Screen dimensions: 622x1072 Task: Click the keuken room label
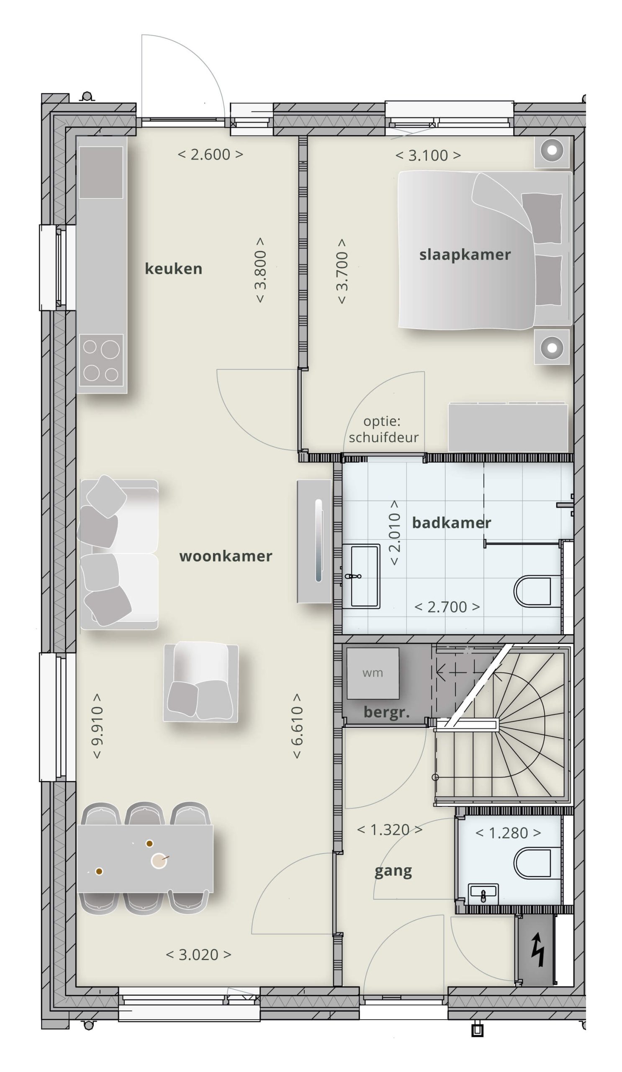173,269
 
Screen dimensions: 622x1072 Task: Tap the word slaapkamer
465,255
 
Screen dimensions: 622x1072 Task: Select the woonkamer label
226,556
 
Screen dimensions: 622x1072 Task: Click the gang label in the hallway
393,871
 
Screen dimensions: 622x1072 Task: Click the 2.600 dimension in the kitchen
211,155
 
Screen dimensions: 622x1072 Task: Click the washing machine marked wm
373,673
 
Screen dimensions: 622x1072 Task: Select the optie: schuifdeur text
383,429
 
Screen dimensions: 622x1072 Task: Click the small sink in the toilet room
483,894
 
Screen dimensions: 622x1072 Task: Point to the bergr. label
386,713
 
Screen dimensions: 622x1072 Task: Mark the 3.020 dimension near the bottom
198,955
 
